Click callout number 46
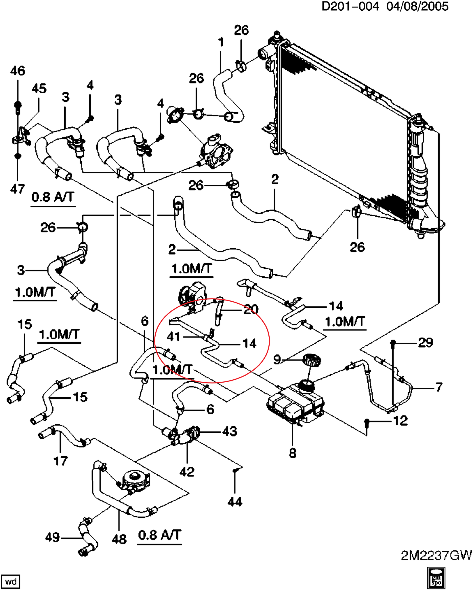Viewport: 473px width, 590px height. [x=18, y=71]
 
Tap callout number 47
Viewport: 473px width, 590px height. [x=18, y=189]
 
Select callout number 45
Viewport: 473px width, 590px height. [x=39, y=89]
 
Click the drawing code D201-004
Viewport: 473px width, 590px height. [x=350, y=6]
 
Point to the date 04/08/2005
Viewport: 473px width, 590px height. [x=417, y=6]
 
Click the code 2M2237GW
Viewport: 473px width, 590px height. [x=436, y=556]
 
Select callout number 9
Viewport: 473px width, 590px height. [x=277, y=360]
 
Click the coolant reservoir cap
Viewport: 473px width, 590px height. [x=311, y=360]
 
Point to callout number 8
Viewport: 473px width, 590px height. [x=292, y=453]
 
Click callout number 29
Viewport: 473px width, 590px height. [x=425, y=343]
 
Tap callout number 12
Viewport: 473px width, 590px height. [x=400, y=421]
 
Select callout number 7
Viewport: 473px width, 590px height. [x=438, y=387]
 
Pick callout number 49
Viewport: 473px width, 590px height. [x=52, y=537]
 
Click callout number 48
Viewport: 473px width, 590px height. [x=119, y=539]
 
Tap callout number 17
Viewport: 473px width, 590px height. [x=60, y=461]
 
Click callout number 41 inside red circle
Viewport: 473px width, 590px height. [x=173, y=336]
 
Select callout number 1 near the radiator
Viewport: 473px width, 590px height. [x=221, y=42]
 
